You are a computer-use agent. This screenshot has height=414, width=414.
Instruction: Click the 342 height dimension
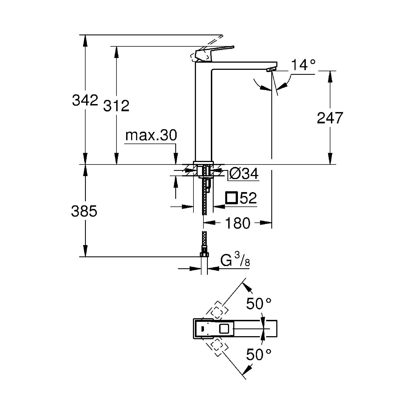85,100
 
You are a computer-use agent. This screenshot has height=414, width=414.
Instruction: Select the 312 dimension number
116,106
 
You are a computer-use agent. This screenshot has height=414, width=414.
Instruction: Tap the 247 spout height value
330,118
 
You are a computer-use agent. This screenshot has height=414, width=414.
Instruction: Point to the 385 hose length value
84,211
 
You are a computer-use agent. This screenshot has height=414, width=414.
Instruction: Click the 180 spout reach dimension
238,223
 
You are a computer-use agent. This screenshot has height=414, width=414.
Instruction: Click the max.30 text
151,136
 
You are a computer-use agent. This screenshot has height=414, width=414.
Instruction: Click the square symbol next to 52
232,198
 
